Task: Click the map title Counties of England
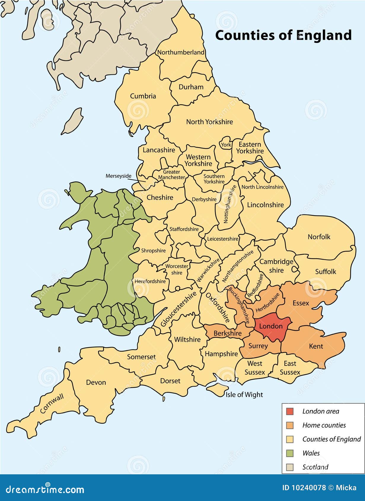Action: pos(283,35)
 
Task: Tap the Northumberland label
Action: pos(181,52)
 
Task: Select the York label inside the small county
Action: pos(226,145)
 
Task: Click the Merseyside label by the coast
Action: pos(118,176)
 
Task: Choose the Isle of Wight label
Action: pos(244,395)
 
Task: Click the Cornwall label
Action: pos(52,404)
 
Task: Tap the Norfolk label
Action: pos(319,237)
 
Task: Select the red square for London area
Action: pos(289,411)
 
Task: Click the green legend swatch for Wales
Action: pos(289,453)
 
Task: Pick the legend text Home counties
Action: pos(324,425)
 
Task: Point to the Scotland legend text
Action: pos(315,467)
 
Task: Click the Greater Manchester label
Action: pos(171,175)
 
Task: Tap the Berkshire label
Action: pos(227,333)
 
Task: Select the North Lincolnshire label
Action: pos(262,187)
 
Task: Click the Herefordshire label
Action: pos(150,281)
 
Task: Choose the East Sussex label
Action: pos(290,368)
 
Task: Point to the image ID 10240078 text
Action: pos(304,488)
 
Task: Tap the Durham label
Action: pos(191,87)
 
